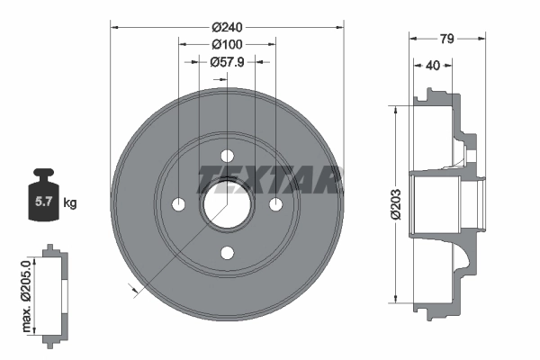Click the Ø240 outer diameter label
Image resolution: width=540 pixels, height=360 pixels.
tap(227, 26)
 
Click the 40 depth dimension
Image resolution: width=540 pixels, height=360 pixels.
tap(434, 64)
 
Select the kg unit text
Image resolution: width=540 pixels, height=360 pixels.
tap(71, 203)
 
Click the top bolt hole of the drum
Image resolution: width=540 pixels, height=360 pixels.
tap(227, 155)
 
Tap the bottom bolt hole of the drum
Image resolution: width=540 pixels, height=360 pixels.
tap(227, 252)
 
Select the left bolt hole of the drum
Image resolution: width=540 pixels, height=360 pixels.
tap(178, 203)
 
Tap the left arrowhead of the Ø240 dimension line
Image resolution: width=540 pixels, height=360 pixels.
tap(114, 26)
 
